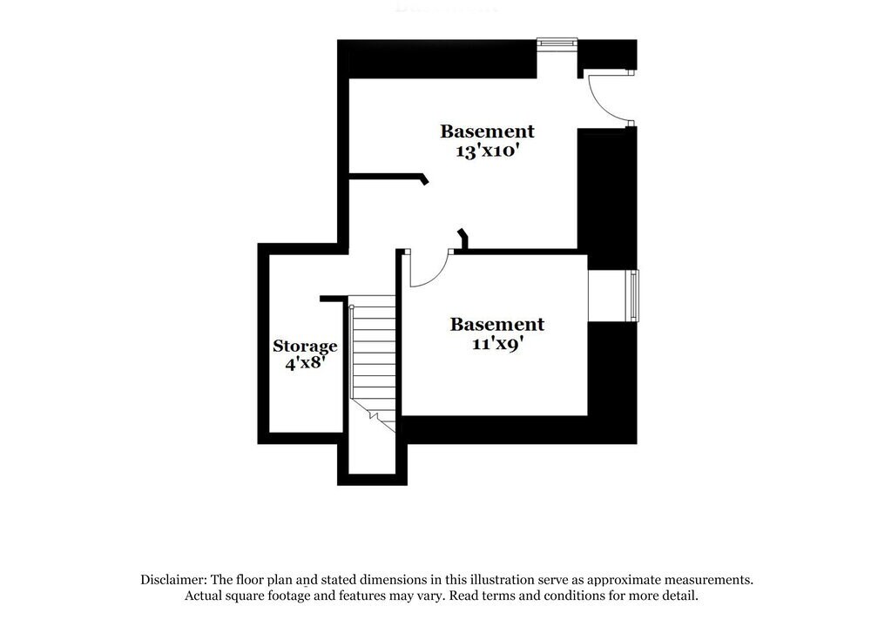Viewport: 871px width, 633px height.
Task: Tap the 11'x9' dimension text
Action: tap(496, 343)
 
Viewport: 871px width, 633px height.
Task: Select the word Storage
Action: tap(305, 346)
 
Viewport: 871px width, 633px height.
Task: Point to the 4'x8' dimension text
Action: tap(305, 363)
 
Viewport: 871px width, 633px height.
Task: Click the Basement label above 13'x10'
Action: tap(487, 131)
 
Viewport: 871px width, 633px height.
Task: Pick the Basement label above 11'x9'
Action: tap(496, 324)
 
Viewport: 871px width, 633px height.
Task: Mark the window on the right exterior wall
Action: tap(635, 296)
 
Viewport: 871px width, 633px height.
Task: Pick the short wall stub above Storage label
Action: tap(332, 299)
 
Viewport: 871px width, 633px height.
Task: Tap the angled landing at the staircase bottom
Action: tap(380, 418)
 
